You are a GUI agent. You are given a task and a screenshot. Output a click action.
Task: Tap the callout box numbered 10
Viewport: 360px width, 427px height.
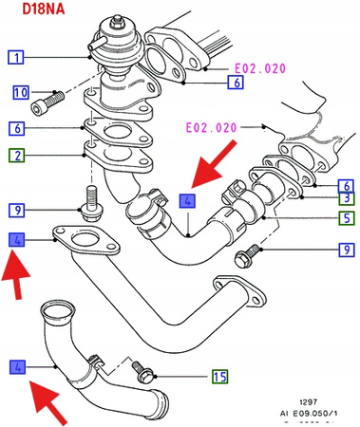point(20,93)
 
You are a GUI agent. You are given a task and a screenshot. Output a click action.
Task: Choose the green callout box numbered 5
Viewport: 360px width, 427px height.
point(348,217)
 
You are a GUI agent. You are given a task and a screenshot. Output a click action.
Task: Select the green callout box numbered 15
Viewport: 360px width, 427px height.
point(219,378)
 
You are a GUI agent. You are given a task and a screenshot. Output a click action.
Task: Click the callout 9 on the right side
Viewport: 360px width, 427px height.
point(348,251)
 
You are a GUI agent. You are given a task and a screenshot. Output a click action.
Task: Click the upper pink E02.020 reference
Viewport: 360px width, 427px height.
point(258,69)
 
